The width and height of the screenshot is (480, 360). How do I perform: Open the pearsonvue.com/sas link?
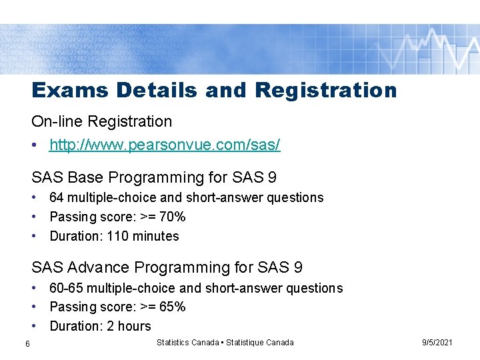coord(165,144)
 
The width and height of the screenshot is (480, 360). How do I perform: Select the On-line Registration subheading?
coord(101,121)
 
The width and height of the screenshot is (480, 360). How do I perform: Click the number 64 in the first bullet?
coord(57,198)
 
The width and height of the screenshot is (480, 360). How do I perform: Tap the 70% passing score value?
coord(172,217)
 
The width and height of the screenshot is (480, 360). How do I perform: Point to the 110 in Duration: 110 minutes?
coord(118,236)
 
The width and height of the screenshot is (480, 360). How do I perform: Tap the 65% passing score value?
coord(172,307)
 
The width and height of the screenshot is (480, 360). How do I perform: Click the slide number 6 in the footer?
coord(27,343)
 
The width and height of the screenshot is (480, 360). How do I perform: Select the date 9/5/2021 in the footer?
coord(437,343)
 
